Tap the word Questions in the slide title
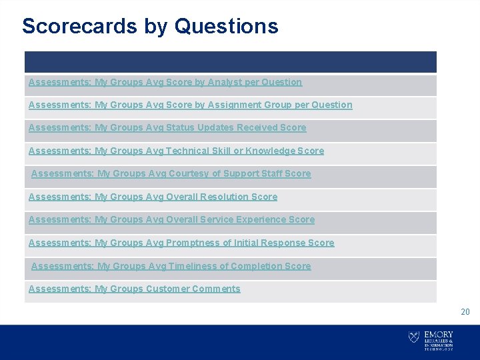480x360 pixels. [227, 26]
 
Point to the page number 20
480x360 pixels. [465, 311]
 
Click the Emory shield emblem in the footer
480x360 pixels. [414, 337]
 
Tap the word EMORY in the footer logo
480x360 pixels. [438, 334]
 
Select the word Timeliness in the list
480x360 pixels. [191, 266]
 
